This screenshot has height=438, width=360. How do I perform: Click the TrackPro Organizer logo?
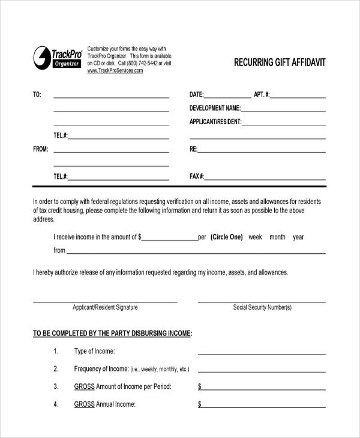coord(57,57)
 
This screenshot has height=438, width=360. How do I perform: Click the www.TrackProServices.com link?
coord(115,71)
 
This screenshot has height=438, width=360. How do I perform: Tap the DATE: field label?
coord(197,94)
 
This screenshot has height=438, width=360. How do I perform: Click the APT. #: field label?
coord(262,94)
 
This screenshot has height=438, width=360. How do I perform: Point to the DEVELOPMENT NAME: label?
coord(215,108)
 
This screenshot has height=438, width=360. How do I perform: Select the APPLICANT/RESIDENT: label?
coord(215,122)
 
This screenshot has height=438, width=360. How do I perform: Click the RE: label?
coord(194,149)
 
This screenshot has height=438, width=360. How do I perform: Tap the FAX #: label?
coord(197,176)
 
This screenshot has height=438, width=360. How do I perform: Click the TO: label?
coord(37,94)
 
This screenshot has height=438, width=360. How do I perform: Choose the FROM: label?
coord(40,149)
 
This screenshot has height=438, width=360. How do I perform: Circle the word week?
coord(256,237)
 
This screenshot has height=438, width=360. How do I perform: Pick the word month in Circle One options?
coord(277,237)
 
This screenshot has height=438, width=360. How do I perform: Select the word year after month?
coord(298,237)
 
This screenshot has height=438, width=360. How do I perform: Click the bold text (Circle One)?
coord(227,237)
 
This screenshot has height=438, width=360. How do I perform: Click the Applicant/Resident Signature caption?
coord(105,307)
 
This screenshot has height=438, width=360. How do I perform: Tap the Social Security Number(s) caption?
coord(262,307)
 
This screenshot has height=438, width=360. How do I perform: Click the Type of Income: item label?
coord(94,351)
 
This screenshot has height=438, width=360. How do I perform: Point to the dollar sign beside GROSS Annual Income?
coord(200,404)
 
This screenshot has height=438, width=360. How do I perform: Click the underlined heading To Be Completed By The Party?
coord(113,333)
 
